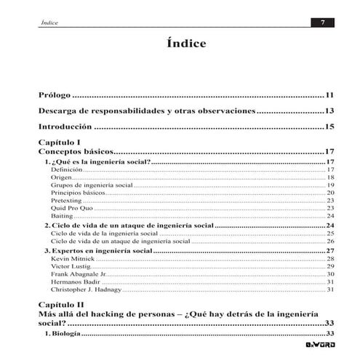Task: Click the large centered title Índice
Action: pyautogui.click(x=181, y=44)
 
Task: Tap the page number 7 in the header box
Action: pyautogui.click(x=322, y=23)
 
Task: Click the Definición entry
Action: pyautogui.click(x=66, y=169)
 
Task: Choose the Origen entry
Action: pyautogui.click(x=61, y=177)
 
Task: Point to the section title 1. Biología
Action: pyautogui.click(x=63, y=334)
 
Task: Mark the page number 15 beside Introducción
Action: pyautogui.click(x=329, y=127)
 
